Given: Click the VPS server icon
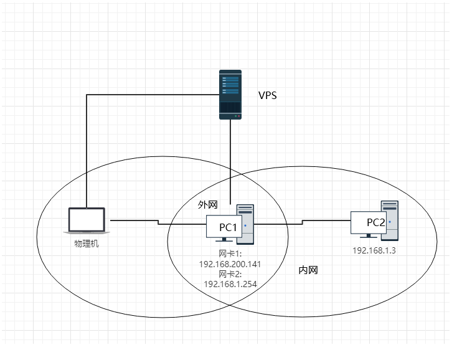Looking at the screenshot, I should pos(230,95).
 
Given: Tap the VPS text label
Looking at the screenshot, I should pos(268,96).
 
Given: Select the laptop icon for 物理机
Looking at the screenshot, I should pos(87,220).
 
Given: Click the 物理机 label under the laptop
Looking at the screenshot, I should pos(87,243).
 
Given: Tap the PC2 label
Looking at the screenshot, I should pos(376,222).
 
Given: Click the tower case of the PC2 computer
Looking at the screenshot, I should pos(390,219).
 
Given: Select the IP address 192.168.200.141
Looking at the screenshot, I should pos(230,264).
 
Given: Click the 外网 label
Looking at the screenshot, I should pos(207,204).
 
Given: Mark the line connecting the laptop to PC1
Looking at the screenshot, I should pos(134,220).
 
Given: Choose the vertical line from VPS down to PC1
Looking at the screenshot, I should pos(230,162).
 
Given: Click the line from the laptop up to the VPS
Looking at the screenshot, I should pos(87,149).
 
